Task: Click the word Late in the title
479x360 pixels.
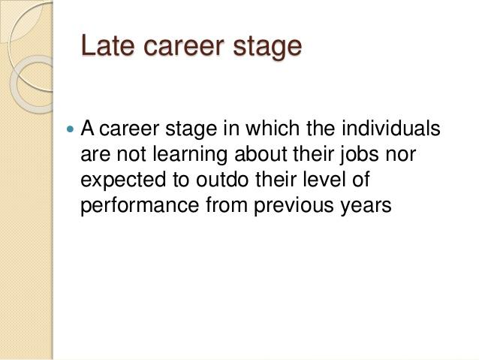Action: click(108, 46)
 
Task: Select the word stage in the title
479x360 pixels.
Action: click(267, 48)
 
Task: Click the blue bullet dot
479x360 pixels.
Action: click(70, 129)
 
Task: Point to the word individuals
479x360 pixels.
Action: click(391, 128)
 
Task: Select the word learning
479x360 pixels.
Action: click(190, 155)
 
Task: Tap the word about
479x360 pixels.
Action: click(261, 153)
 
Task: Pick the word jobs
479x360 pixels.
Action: click(359, 155)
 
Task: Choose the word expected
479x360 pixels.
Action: click(123, 180)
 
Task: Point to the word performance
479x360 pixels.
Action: click(140, 206)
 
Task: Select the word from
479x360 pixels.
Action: click(227, 204)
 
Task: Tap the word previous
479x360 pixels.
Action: click(294, 206)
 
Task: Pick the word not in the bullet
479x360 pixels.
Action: click(131, 155)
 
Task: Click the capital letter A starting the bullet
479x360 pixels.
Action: click(87, 129)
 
